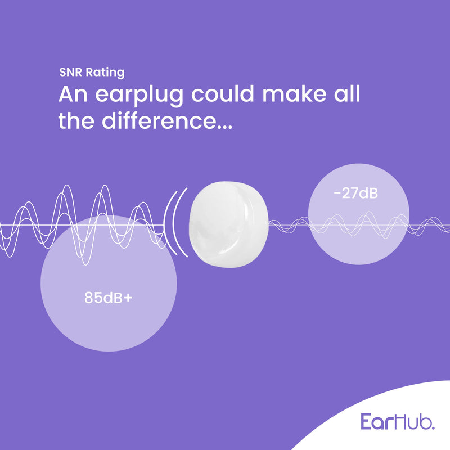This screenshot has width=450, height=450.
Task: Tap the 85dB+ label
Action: (x=109, y=298)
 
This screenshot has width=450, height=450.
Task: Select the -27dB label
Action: (x=355, y=193)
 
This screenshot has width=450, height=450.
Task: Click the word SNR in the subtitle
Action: (x=69, y=73)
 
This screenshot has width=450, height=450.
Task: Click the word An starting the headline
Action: (x=72, y=94)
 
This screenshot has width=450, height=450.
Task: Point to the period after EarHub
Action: (x=433, y=427)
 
